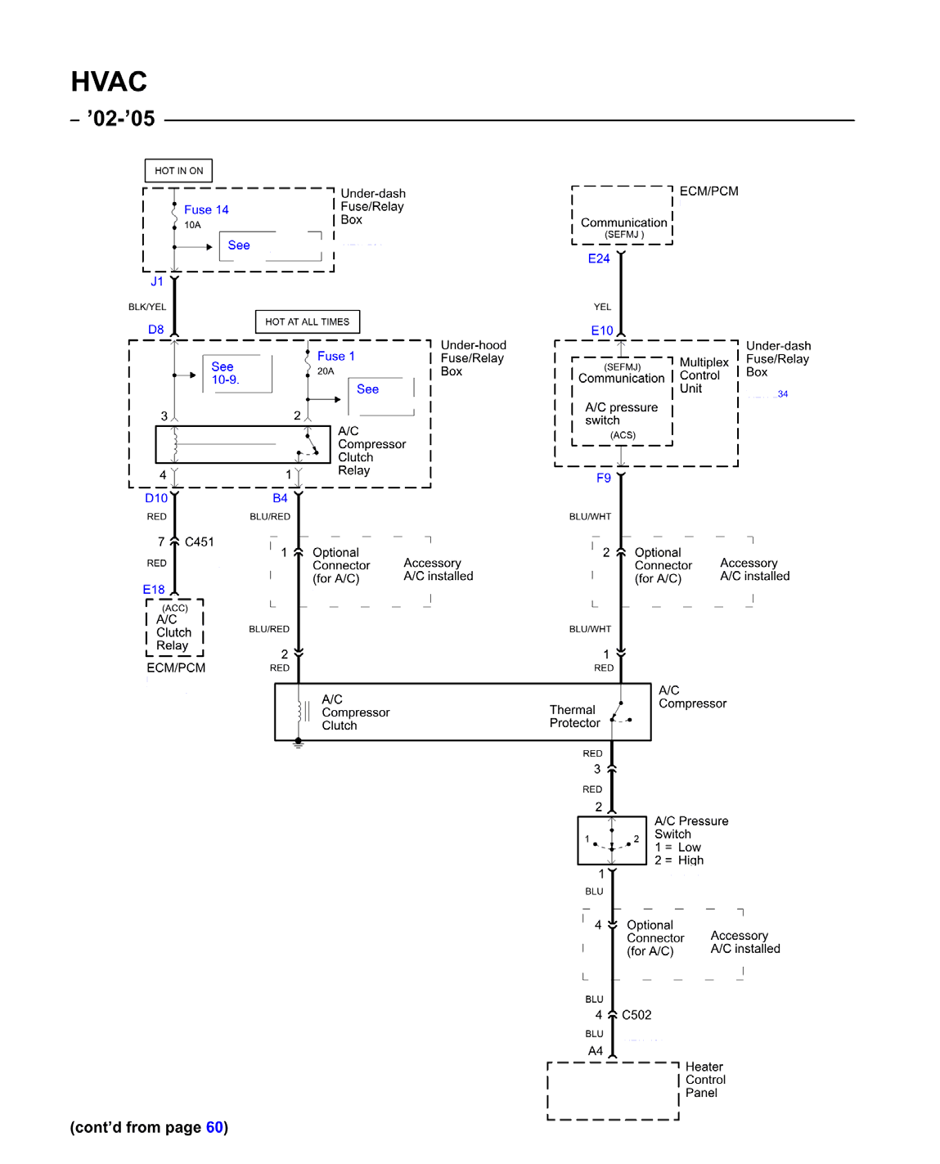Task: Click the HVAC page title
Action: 109,82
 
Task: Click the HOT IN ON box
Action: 178,170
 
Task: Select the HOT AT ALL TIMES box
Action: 307,321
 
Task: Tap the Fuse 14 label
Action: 206,209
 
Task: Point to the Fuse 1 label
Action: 335,356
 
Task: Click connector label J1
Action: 157,281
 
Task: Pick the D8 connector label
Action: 155,330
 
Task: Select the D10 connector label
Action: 156,498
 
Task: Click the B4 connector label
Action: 280,498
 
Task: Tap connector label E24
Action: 599,258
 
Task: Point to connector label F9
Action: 604,478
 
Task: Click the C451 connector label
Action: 200,542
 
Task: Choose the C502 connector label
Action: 636,1015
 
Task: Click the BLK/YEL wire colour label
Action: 147,307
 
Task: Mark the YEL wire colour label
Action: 603,307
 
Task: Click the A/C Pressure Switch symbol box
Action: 611,841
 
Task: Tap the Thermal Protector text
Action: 574,717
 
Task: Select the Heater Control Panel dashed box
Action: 613,1091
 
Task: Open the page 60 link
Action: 214,1127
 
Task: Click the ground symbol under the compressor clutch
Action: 299,744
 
